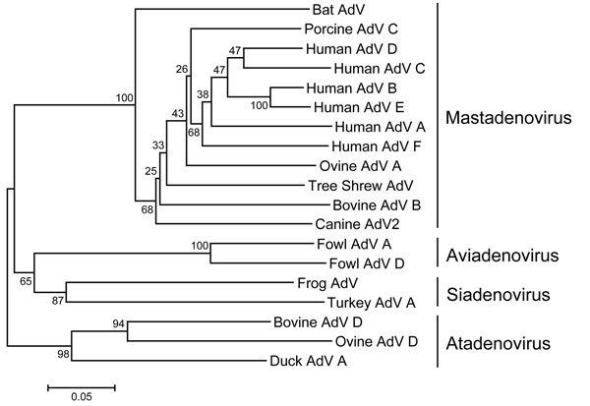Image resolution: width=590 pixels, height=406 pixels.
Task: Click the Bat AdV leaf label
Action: pos(338,10)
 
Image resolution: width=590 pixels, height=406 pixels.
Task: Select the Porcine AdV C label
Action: pos(351,29)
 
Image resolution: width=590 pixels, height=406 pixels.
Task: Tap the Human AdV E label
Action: pos(359,107)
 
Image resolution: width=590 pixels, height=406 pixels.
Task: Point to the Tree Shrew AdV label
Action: pos(361,186)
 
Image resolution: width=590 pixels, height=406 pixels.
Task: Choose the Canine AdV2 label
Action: pos(357,225)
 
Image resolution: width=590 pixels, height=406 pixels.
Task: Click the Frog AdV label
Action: pos(327,283)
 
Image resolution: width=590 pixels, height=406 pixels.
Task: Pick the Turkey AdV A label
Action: pos(372,303)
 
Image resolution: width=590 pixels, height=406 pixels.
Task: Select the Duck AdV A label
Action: pos(308,362)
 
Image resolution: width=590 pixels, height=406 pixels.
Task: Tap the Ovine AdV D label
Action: pos(377,342)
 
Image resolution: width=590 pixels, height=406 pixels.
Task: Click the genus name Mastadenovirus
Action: pos(508,118)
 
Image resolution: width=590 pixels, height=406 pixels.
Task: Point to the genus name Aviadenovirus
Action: pos(502,256)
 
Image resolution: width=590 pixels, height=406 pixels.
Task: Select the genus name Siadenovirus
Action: pos(499,295)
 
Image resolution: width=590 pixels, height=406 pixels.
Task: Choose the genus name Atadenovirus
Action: pos(499,344)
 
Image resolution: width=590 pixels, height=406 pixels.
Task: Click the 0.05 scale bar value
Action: pos(82,397)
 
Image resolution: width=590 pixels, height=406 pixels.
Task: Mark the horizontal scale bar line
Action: pos(82,388)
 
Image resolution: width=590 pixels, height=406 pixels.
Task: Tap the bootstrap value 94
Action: pos(118,323)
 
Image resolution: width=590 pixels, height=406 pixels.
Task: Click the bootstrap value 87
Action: pos(58,301)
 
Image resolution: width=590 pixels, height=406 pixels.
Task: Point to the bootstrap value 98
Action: pos(63,354)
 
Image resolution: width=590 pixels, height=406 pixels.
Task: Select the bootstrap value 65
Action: pos(26,281)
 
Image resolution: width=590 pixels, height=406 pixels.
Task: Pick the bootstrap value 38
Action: pos(203,94)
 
